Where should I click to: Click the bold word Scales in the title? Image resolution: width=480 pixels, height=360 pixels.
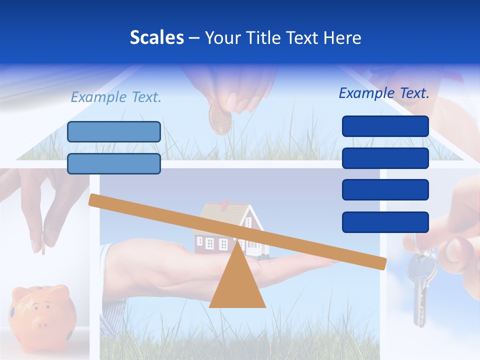click(156, 37)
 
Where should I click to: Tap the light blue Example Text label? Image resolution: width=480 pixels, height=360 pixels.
click(116, 97)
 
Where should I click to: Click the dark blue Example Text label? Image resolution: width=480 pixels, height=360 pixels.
click(384, 93)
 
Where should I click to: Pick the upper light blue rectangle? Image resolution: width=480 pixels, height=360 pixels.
click(114, 131)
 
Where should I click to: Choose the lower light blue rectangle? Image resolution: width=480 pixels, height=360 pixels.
click(114, 163)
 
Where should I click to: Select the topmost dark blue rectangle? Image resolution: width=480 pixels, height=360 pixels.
click(385, 126)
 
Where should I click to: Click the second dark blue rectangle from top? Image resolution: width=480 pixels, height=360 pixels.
click(385, 158)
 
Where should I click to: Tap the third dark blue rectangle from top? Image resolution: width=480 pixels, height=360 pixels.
click(385, 190)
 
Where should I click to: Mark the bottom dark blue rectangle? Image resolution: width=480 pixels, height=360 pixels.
click(385, 222)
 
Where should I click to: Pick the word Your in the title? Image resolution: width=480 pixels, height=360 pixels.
click(222, 38)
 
